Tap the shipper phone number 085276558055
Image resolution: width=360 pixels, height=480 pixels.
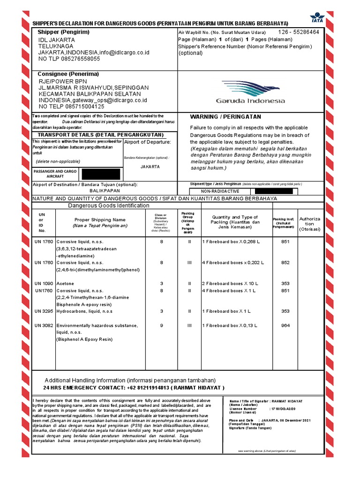(x=76, y=59)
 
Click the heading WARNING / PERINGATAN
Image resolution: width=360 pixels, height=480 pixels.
(x=225, y=117)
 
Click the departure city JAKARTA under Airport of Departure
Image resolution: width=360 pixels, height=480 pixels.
(x=150, y=166)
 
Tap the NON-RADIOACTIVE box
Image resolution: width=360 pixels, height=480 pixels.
(x=220, y=191)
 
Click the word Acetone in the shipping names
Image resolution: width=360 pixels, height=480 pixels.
(x=65, y=284)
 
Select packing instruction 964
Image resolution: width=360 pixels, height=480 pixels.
(x=285, y=325)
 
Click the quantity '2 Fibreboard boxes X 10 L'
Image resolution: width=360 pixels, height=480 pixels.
(x=230, y=284)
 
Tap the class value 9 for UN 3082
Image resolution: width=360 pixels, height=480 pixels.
(x=161, y=325)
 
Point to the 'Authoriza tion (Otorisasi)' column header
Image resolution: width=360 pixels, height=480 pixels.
(x=309, y=224)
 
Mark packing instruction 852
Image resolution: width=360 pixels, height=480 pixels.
(x=285, y=263)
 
